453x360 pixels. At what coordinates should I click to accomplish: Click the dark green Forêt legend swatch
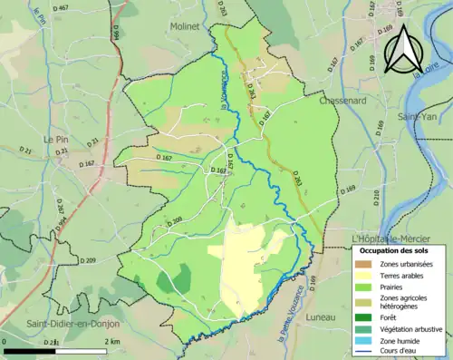click(366, 317)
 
